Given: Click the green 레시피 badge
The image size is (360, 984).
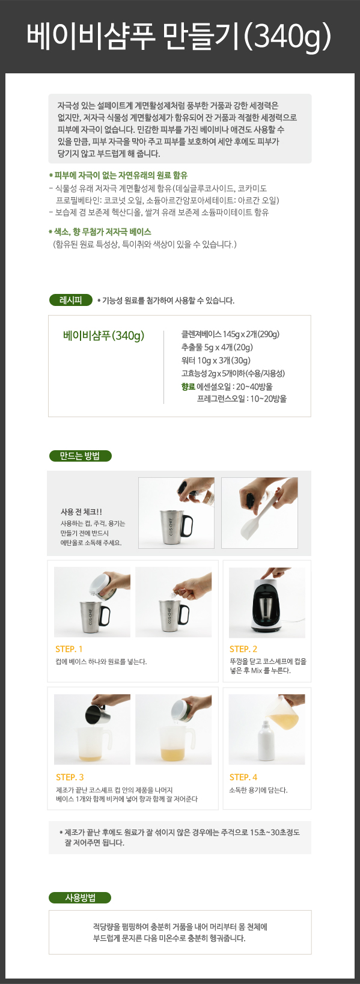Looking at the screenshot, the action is pos(71,300).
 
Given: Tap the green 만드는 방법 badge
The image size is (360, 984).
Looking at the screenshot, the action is pos(81,456).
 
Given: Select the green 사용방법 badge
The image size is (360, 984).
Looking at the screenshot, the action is pos(80,897).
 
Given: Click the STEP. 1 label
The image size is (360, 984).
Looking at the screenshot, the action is pos(69,649).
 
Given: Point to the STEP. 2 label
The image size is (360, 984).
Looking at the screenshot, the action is pos(243,649).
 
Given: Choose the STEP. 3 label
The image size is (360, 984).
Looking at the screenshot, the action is pos(70,777).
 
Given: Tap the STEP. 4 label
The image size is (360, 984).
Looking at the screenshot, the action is pos(243,777).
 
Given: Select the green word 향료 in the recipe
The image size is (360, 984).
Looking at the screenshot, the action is pos(188,387).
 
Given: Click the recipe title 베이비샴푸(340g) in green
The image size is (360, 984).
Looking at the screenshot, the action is pos(103,335).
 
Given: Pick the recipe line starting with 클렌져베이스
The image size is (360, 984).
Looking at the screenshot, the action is pos(231,334).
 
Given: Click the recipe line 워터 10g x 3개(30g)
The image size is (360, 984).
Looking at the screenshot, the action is pos(216,360).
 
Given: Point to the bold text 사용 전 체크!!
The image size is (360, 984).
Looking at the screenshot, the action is pos(81,512).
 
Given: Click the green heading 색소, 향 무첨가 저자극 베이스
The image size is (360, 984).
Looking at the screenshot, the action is pos(100,232).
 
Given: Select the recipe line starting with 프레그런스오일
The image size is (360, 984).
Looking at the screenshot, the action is pos(242,399).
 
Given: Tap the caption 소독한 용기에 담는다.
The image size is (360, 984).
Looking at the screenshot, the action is pos(258,790).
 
